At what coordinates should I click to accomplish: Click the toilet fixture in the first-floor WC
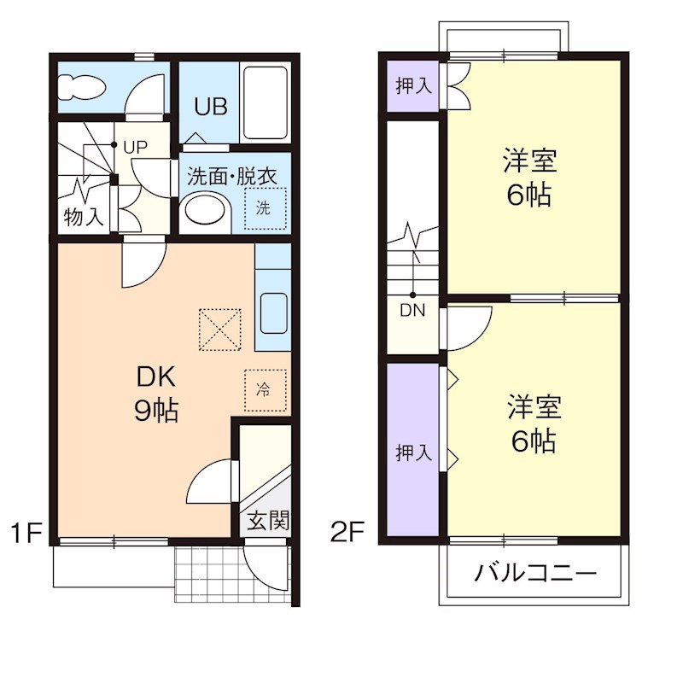pyautogui.click(x=79, y=87)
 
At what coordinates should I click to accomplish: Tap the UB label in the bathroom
pyautogui.click(x=210, y=108)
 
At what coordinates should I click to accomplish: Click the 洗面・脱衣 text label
pyautogui.click(x=231, y=177)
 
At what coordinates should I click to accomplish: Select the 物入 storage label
pyautogui.click(x=84, y=217)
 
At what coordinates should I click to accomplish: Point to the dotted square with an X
pyautogui.click(x=220, y=329)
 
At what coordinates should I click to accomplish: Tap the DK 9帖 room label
pyautogui.click(x=155, y=394)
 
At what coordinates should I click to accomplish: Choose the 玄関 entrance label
pyautogui.click(x=267, y=519)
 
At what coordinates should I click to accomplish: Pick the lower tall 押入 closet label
pyautogui.click(x=413, y=453)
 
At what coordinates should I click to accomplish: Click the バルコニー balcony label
pyautogui.click(x=535, y=573)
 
